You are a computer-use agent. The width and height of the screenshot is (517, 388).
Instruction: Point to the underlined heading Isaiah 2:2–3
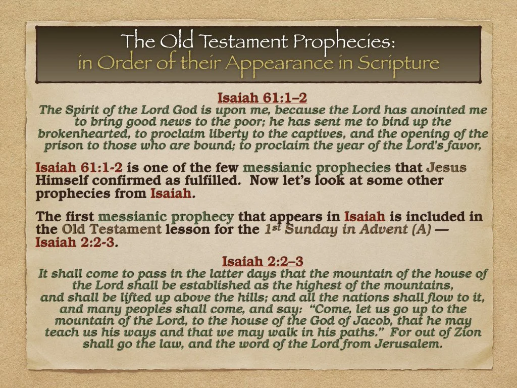262,261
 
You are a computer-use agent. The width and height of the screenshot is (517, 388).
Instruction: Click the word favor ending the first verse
461,147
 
